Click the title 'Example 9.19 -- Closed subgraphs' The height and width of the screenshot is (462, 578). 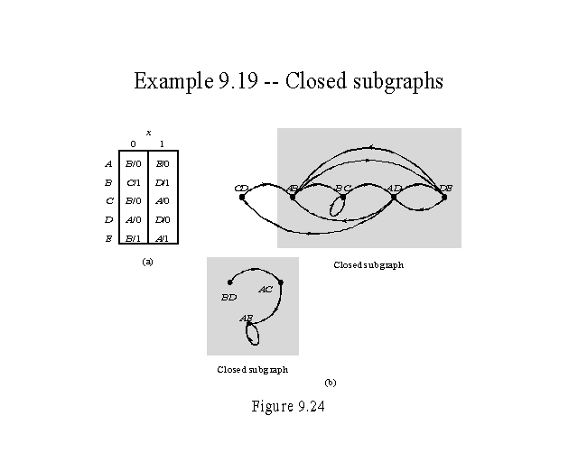pyautogui.click(x=288, y=81)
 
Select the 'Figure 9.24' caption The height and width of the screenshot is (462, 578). pyautogui.click(x=288, y=406)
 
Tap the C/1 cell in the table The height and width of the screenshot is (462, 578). pyautogui.click(x=133, y=182)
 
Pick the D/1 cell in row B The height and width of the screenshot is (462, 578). pyautogui.click(x=162, y=182)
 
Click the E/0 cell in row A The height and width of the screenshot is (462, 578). pyautogui.click(x=162, y=163)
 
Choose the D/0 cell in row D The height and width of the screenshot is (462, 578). pyautogui.click(x=162, y=219)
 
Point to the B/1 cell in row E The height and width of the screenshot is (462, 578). pyautogui.click(x=133, y=238)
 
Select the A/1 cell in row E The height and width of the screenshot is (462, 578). pyautogui.click(x=162, y=238)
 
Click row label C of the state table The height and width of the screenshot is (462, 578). pyautogui.click(x=108, y=201)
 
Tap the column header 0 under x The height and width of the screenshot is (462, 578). pyautogui.click(x=133, y=144)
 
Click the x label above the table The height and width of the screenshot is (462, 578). pyautogui.click(x=148, y=133)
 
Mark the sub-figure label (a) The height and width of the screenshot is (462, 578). pyautogui.click(x=148, y=261)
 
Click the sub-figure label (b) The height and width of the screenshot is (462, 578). pyautogui.click(x=331, y=382)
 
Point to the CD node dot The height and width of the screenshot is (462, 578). pyautogui.click(x=242, y=197)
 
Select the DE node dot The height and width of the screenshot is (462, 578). pyautogui.click(x=444, y=197)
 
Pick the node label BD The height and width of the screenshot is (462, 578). pyautogui.click(x=229, y=296)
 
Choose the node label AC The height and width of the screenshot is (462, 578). pyautogui.click(x=266, y=290)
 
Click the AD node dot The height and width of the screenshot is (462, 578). pyautogui.click(x=394, y=197)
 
